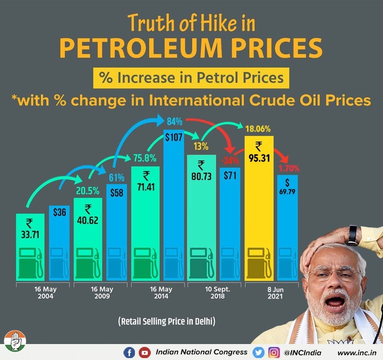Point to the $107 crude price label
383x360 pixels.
click(173, 137)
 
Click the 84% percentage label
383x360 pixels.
click(174, 120)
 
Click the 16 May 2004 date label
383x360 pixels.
click(44, 293)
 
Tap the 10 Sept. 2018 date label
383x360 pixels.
click(217, 293)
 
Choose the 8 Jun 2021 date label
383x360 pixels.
click(273, 293)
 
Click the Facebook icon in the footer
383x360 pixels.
click(129, 352)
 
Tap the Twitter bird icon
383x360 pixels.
click(259, 352)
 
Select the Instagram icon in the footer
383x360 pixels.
click(274, 352)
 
